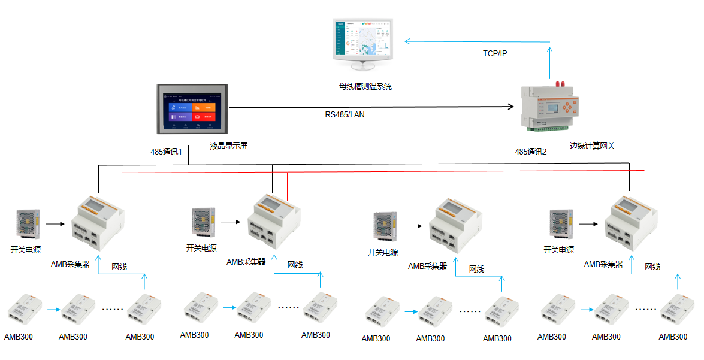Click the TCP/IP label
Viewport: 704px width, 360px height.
point(495,54)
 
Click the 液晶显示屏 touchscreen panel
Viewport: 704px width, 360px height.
point(192,109)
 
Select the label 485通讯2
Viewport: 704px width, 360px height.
point(531,152)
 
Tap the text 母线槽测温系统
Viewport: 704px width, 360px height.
point(365,86)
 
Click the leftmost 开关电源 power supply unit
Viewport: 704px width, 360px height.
point(28,225)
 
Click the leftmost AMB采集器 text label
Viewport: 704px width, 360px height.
point(70,264)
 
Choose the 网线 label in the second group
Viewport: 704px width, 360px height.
point(295,265)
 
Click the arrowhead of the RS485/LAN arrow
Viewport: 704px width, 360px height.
point(511,107)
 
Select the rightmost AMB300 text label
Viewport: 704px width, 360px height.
point(673,337)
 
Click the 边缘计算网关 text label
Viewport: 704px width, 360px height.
point(592,146)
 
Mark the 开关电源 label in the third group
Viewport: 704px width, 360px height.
point(383,252)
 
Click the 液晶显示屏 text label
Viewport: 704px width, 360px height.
point(229,146)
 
